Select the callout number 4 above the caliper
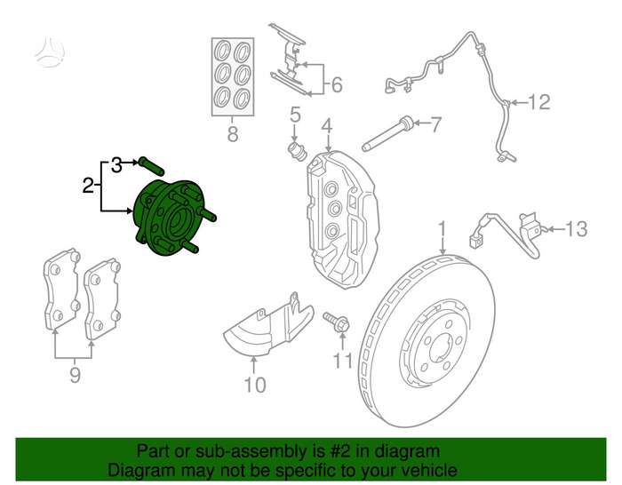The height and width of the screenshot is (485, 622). (x=327, y=126)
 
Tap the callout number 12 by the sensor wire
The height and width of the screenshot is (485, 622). (x=539, y=102)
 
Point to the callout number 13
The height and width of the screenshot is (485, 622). (x=576, y=229)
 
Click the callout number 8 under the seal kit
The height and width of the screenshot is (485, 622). (x=233, y=133)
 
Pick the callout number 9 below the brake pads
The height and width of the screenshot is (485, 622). (x=76, y=375)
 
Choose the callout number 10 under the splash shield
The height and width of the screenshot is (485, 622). (x=255, y=385)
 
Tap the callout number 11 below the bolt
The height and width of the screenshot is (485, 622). (x=342, y=361)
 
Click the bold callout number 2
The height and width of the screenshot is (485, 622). (x=88, y=185)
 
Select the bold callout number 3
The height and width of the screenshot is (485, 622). (x=116, y=165)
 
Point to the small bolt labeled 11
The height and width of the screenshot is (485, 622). (x=337, y=322)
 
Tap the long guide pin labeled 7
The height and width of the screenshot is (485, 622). (x=388, y=133)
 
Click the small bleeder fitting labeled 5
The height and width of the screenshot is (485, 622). (x=297, y=150)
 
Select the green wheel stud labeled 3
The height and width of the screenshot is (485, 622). (x=151, y=166)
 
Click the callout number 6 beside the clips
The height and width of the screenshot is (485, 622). (x=337, y=84)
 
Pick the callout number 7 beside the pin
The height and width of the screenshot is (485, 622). (x=435, y=124)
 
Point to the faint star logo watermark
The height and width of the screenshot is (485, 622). (x=50, y=52)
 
